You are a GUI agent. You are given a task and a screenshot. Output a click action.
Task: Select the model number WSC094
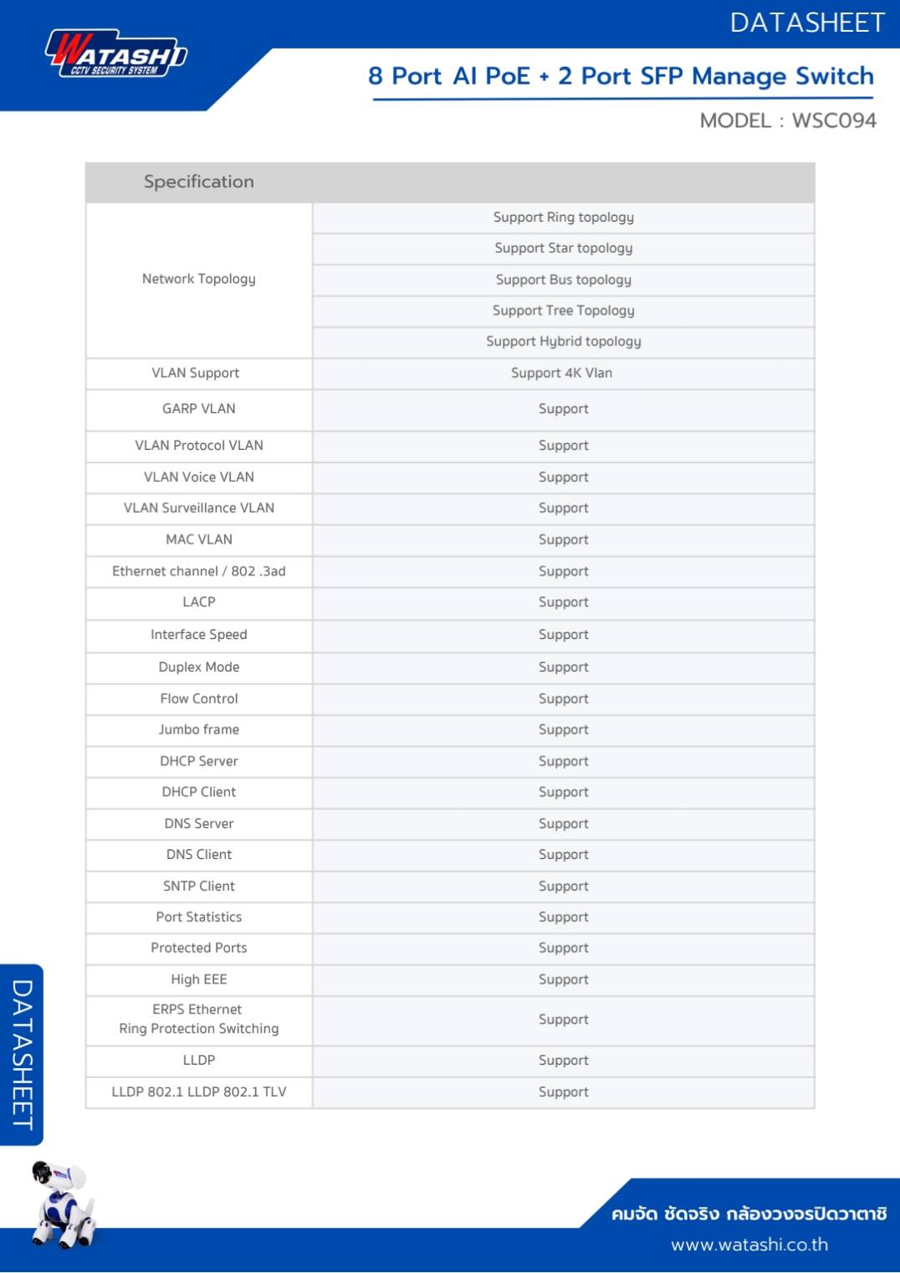[833, 120]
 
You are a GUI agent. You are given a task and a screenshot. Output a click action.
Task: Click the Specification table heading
[199, 181]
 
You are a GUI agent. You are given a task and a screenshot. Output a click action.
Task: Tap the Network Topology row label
[199, 279]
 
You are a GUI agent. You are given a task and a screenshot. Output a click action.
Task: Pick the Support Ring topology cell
[563, 217]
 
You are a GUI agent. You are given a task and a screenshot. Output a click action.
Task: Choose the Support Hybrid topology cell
[563, 341]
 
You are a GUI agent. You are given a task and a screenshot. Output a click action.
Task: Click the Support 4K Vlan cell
[561, 373]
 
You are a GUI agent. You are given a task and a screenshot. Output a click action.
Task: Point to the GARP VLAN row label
[199, 409]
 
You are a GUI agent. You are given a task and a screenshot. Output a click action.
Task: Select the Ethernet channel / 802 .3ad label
[199, 571]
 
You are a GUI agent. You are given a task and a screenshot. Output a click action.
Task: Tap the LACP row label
[199, 602]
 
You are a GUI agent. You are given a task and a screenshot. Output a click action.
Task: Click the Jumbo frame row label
[199, 729]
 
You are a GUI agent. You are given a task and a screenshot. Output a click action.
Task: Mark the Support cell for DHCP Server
[563, 761]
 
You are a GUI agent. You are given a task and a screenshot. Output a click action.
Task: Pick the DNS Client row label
[199, 855]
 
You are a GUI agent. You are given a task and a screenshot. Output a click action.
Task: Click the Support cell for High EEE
[563, 979]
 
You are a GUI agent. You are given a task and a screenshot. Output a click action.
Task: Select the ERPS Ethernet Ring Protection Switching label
[199, 1020]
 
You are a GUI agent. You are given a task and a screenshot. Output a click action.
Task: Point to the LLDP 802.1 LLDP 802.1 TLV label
[199, 1092]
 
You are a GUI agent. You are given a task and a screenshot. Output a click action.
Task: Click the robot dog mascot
[63, 1204]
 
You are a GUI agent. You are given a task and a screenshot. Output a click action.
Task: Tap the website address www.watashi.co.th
[749, 1245]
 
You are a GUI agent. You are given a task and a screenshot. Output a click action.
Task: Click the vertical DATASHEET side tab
[22, 1055]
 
